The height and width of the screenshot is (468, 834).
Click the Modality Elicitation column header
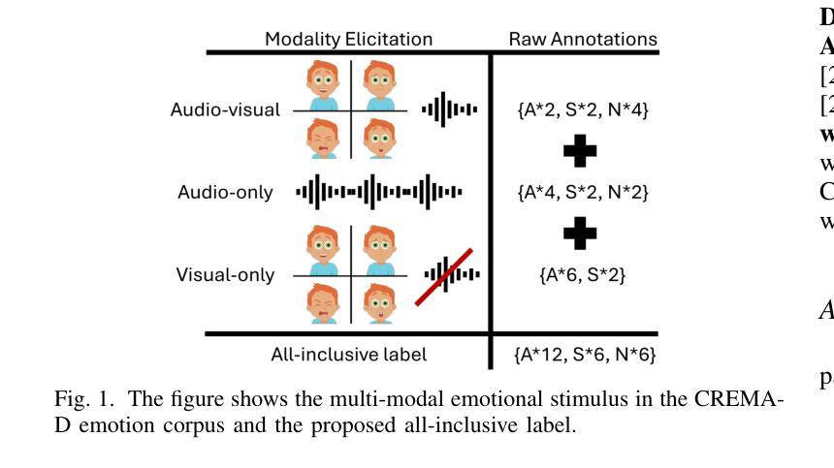tap(349, 40)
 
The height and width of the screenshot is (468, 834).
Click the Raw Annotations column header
tap(583, 40)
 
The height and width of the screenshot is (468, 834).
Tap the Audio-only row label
tap(225, 192)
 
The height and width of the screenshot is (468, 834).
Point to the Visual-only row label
tap(225, 275)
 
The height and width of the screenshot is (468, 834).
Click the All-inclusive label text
tap(348, 355)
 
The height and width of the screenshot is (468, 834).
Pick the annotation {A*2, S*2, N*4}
tap(583, 109)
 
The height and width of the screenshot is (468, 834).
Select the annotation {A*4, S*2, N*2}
tap(582, 192)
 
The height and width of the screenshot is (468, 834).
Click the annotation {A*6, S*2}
tap(582, 275)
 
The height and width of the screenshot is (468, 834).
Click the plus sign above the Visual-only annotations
tap(580, 233)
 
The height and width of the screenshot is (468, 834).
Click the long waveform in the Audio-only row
tap(379, 192)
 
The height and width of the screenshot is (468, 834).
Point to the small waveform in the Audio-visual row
tap(449, 109)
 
